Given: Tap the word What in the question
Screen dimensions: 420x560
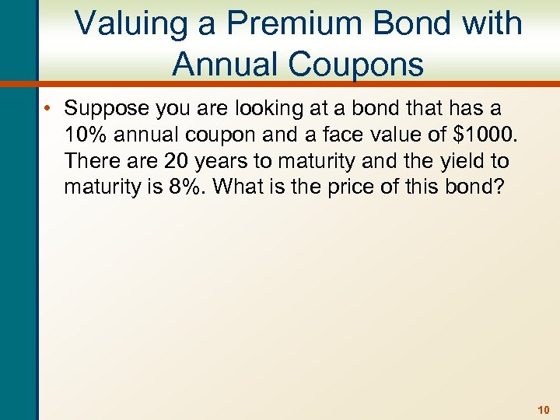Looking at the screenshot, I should coord(249,187).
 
